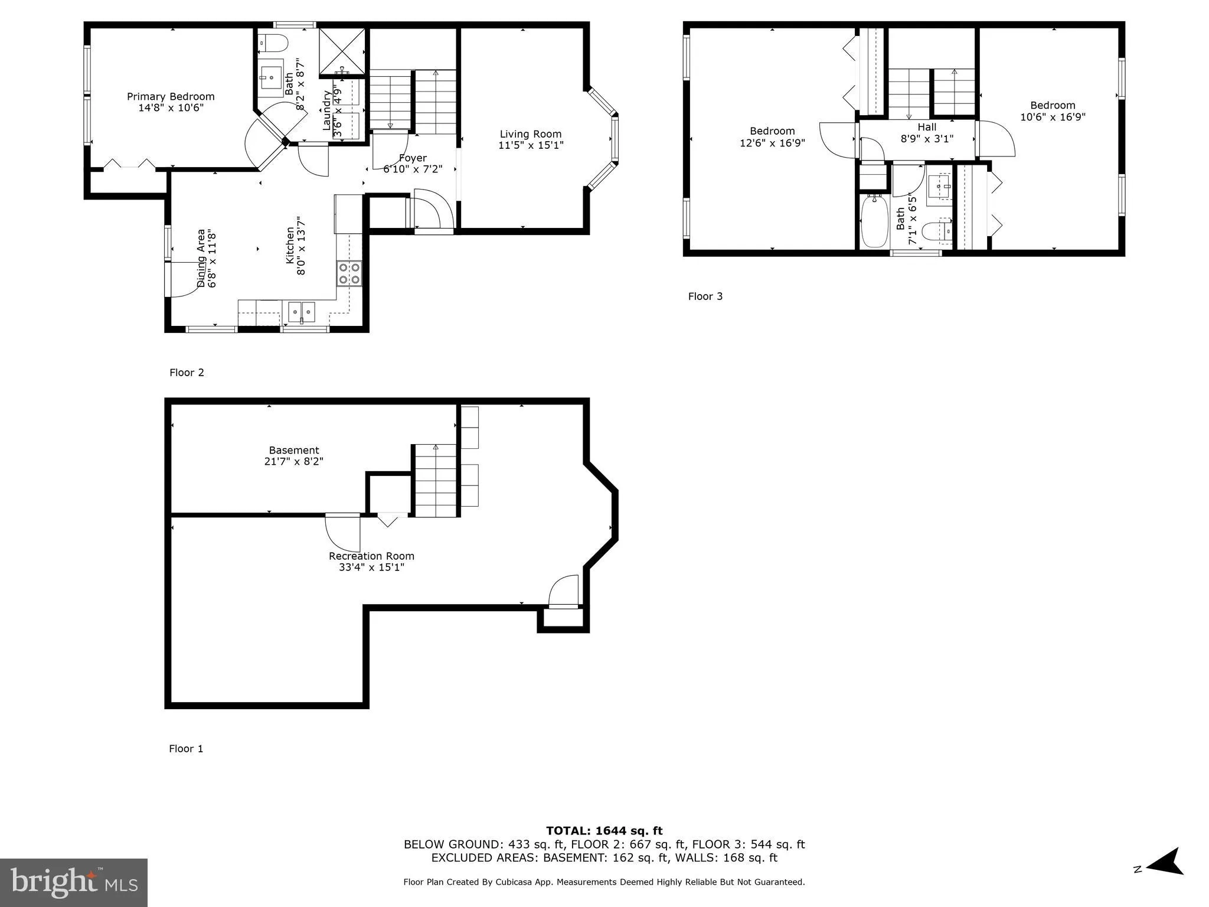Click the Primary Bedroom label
[171, 97]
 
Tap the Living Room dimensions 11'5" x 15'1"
[531, 145]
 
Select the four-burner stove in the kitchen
[349, 273]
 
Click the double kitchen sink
[301, 311]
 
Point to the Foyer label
[413, 158]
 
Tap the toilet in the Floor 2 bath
[274, 43]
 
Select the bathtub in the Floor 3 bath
[874, 223]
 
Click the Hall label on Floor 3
[927, 127]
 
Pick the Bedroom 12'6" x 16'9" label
[772, 136]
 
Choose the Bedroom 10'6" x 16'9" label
[1053, 111]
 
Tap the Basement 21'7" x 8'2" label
[293, 455]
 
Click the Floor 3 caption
[705, 296]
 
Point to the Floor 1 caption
[186, 749]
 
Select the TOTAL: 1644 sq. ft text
[604, 831]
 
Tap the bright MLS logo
[74, 882]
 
